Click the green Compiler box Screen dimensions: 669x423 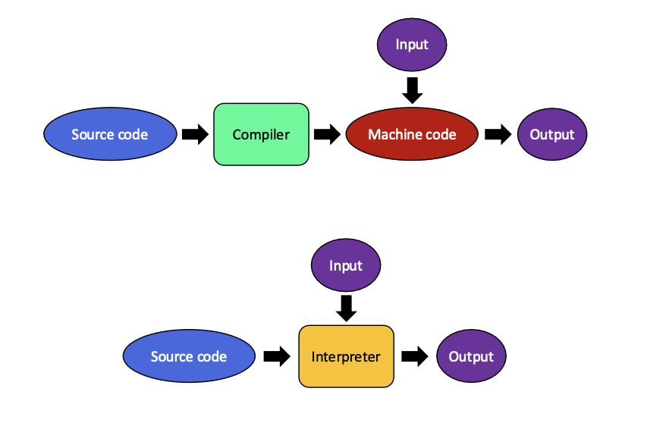pos(261,134)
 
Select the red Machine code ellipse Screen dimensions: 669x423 pos(412,134)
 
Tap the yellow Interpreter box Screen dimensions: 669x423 pos(346,356)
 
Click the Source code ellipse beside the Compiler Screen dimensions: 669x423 pos(110,134)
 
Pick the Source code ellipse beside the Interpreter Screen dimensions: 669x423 pos(189,356)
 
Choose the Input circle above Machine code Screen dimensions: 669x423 pos(412,44)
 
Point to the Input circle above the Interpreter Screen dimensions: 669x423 pos(346,265)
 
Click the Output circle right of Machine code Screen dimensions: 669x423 pos(552,134)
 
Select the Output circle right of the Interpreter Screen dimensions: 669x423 pos(471,356)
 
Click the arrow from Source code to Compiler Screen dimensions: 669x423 pos(196,134)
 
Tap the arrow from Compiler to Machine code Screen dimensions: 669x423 pos(327,134)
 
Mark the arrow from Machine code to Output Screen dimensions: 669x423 pos(498,134)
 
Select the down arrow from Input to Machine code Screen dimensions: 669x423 pos(412,90)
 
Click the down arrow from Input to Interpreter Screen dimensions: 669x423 pos(347,309)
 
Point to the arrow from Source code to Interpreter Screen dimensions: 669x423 pos(277,356)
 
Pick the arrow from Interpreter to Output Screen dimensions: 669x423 pos(415,356)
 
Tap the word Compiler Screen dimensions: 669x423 pos(261,135)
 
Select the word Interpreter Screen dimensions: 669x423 pos(346,356)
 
